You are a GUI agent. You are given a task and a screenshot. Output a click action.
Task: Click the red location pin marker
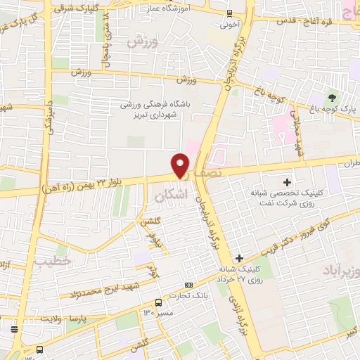181,165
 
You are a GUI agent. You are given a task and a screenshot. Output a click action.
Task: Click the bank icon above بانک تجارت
188,285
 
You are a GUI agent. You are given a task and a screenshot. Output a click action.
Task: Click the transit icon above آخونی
230,13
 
